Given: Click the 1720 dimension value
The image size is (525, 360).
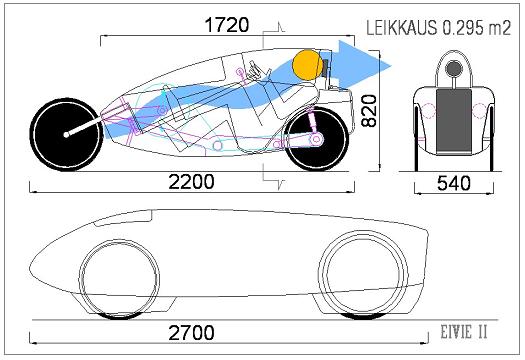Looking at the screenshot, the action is click(x=227, y=25).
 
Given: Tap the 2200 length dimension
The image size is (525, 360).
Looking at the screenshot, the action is click(x=191, y=182).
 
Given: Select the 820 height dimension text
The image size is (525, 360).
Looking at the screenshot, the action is click(x=369, y=111).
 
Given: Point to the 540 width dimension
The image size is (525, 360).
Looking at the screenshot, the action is click(x=454, y=184).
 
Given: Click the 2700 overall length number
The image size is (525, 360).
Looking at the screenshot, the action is click(x=191, y=333).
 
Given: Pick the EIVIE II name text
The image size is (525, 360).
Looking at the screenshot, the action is click(x=464, y=332).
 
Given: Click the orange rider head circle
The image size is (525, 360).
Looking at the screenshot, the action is click(x=307, y=65).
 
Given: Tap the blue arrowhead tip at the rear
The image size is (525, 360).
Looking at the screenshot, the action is click(x=391, y=65).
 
